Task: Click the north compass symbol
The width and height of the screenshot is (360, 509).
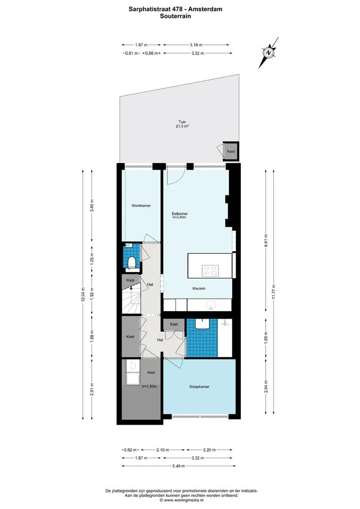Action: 269,53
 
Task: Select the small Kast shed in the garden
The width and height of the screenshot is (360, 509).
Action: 231,152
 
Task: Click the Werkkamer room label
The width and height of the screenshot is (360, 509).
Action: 141,205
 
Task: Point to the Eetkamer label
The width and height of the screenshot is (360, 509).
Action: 180,214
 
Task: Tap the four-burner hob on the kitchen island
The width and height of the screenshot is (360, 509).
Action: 210,271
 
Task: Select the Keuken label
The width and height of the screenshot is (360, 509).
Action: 199,288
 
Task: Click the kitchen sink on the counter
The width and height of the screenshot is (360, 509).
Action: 211,305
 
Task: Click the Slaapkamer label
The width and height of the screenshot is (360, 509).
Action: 199,386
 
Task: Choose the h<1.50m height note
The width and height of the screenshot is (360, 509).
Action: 149,386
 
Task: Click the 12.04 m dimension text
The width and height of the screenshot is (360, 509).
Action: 83,295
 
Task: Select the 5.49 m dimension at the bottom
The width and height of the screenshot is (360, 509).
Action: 179,466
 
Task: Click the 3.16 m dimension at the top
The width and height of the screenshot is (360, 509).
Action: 196,45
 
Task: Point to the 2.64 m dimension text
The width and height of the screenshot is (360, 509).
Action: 266,386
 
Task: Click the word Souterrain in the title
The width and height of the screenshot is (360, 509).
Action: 175,16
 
